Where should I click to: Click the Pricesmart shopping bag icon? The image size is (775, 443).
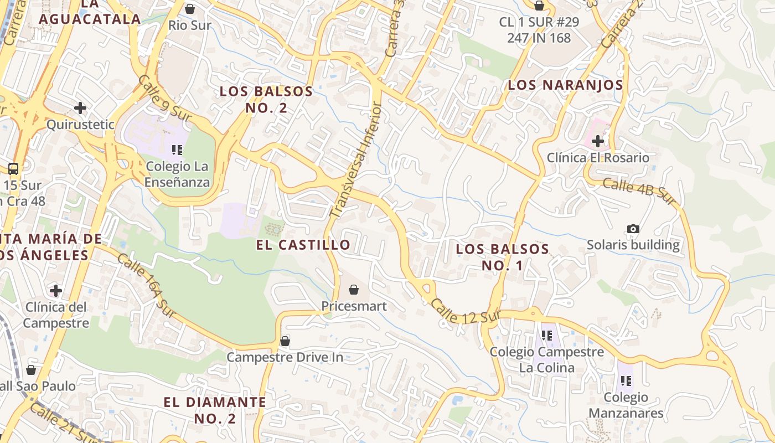pos(354,290)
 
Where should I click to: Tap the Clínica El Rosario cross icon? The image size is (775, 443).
pos(598,141)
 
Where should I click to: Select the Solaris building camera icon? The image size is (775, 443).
pos(633,229)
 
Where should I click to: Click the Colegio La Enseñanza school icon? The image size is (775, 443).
pos(177,150)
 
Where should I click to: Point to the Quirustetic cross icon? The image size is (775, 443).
pos(80,107)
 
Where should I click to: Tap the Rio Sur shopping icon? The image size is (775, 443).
pos(190,9)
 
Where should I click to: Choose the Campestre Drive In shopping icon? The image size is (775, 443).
pos(285,341)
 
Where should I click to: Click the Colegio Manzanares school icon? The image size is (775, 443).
pos(626,380)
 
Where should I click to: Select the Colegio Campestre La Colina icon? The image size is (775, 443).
pos(547,335)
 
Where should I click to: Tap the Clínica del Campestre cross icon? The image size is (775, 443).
pos(56,290)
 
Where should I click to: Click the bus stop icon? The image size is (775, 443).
pos(13,169)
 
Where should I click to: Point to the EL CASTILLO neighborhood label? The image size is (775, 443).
pos(303,245)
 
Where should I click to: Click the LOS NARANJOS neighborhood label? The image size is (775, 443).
pos(565,85)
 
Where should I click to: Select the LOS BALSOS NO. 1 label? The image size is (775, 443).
pos(502,257)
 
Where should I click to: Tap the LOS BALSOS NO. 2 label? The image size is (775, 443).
pos(266,99)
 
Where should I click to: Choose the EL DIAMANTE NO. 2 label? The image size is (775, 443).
pos(215,410)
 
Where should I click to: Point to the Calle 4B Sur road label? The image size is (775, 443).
pos(639,190)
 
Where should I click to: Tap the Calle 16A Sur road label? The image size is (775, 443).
pos(146,286)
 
